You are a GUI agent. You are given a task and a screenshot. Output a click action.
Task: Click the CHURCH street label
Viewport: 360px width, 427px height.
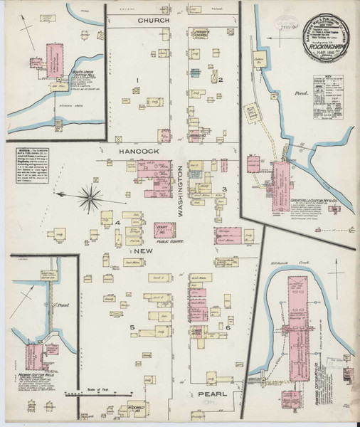[x=154, y=21]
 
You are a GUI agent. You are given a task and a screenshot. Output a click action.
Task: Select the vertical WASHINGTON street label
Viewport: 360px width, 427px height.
[x=182, y=187]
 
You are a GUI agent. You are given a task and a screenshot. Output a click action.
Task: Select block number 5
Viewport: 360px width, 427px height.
[x=132, y=327]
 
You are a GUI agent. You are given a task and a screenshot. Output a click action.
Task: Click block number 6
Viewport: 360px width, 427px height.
[x=228, y=327]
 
